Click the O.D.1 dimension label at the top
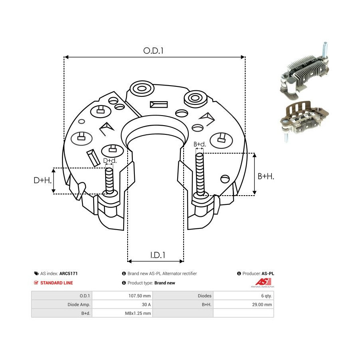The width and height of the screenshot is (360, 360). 153,50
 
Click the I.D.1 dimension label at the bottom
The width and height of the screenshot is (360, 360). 158,255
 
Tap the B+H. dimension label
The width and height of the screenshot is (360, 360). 266,176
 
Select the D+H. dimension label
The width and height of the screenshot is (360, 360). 42,180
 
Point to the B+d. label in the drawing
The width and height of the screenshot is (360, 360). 200,144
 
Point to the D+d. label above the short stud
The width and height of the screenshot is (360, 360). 110,160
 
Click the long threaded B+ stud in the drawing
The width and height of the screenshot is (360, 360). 200,174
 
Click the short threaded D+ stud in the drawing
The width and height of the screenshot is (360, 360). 109,180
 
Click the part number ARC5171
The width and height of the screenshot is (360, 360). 68,274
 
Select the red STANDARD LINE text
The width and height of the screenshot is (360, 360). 56,283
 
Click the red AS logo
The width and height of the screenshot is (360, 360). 263,282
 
